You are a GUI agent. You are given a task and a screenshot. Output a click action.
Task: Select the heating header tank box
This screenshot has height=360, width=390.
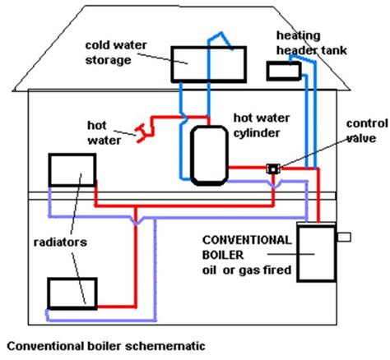pyautogui.click(x=284, y=72)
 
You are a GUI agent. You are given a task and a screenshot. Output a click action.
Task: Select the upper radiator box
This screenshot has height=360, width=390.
pyautogui.click(x=71, y=170)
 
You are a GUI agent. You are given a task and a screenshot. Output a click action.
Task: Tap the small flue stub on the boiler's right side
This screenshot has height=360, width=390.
pyautogui.click(x=344, y=238)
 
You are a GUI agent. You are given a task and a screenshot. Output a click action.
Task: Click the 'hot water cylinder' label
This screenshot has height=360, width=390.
pyautogui.click(x=263, y=124)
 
